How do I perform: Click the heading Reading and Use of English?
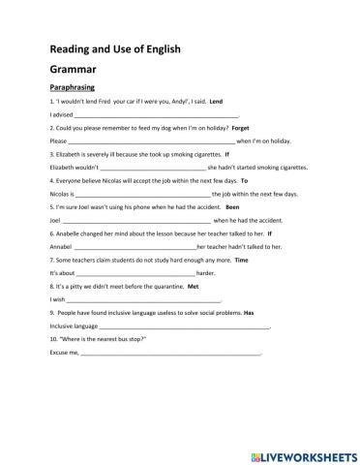point(113,49)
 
